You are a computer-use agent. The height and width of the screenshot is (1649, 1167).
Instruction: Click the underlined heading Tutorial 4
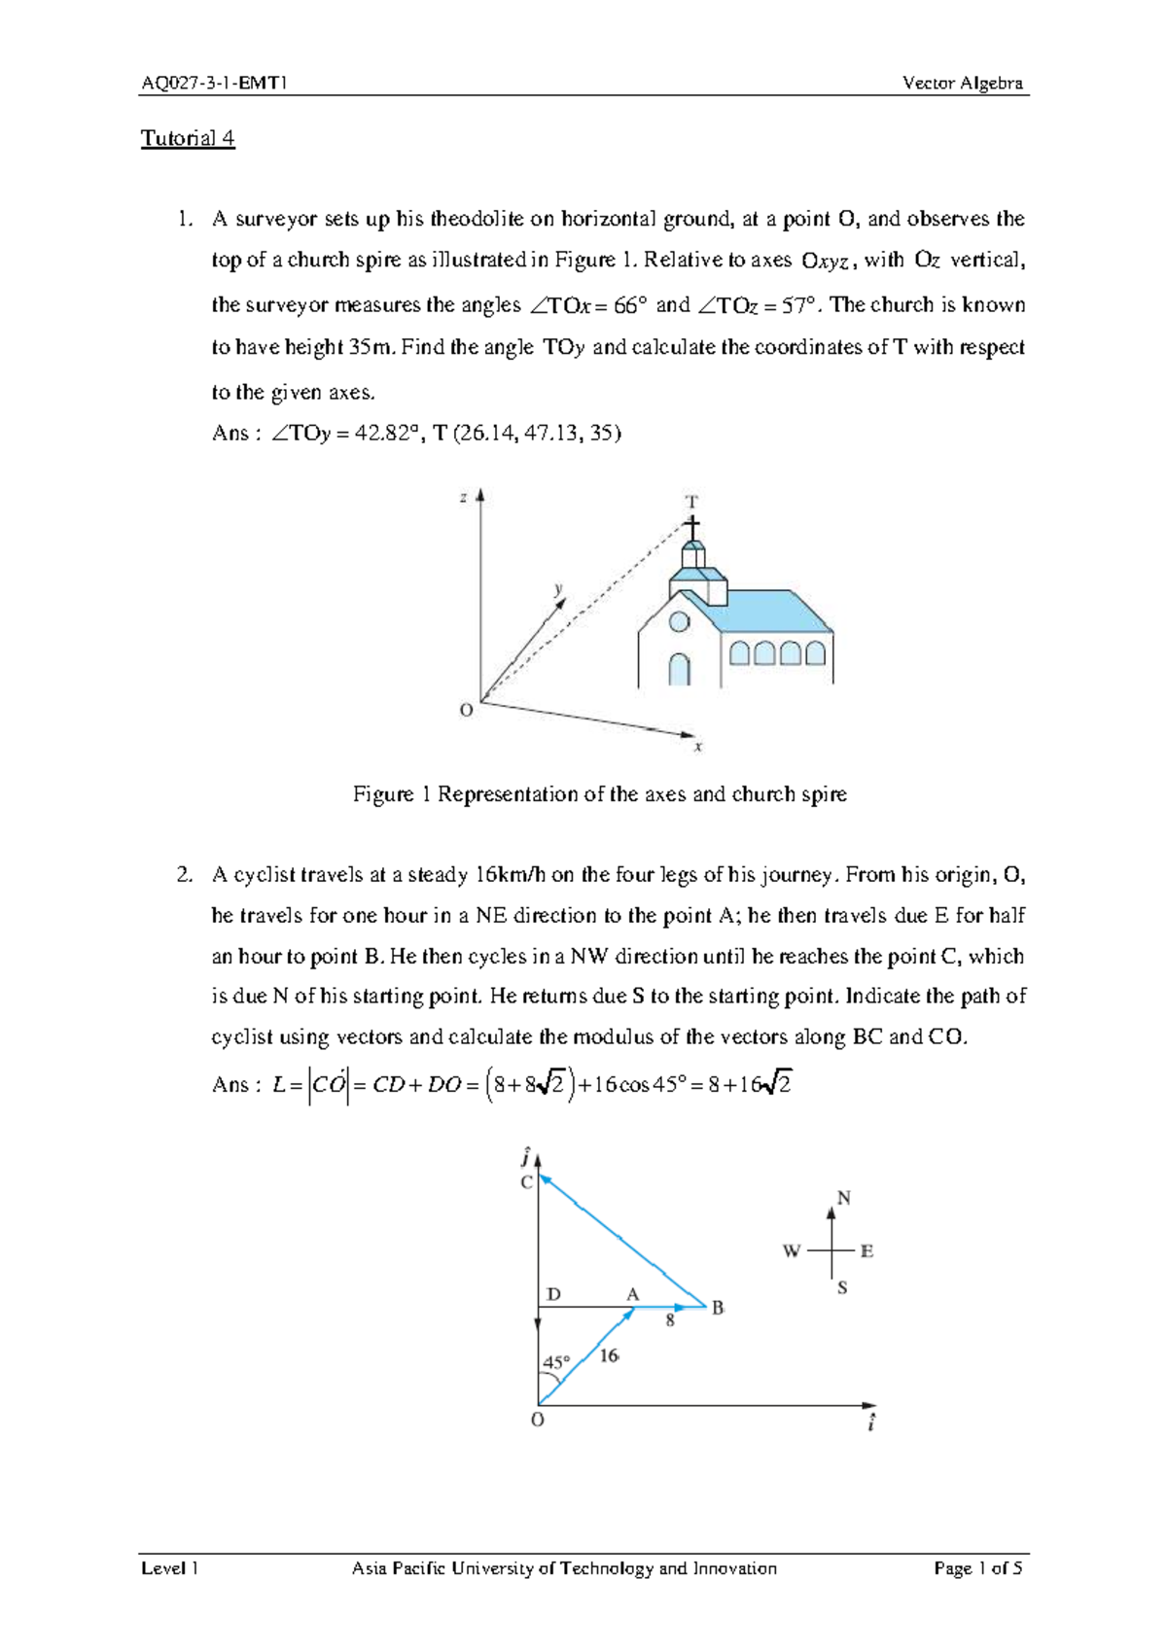pyautogui.click(x=188, y=138)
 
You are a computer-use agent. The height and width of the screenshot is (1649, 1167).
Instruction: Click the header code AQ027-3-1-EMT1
pyautogui.click(x=214, y=84)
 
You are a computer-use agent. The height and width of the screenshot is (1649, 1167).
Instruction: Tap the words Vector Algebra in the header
pyautogui.click(x=962, y=84)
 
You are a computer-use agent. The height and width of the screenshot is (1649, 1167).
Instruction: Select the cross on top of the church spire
pyautogui.click(x=691, y=528)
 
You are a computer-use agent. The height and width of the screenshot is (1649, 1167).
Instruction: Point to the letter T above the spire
pyautogui.click(x=691, y=502)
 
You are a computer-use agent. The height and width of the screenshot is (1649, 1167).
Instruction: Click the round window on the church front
pyautogui.click(x=679, y=621)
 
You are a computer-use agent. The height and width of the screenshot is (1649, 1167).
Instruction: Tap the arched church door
pyautogui.click(x=679, y=669)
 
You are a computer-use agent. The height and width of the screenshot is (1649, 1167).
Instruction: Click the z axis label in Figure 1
pyautogui.click(x=464, y=498)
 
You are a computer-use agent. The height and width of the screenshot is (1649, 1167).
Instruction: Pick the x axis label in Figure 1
pyautogui.click(x=697, y=747)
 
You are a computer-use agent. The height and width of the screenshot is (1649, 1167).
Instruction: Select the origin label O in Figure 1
pyautogui.click(x=467, y=711)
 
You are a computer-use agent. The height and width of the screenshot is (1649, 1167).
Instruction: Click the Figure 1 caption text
pyautogui.click(x=599, y=794)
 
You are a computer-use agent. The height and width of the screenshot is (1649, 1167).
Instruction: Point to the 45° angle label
pyautogui.click(x=556, y=1362)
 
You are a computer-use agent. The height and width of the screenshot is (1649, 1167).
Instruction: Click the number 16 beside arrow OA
pyautogui.click(x=609, y=1355)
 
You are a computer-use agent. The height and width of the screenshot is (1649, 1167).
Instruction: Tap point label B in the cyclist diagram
pyautogui.click(x=718, y=1308)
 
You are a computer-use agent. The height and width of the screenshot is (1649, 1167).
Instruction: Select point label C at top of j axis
pyautogui.click(x=526, y=1182)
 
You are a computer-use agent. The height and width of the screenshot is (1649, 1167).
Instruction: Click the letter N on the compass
pyautogui.click(x=843, y=1198)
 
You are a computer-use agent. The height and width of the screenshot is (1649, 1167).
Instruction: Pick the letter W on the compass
pyautogui.click(x=792, y=1251)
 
